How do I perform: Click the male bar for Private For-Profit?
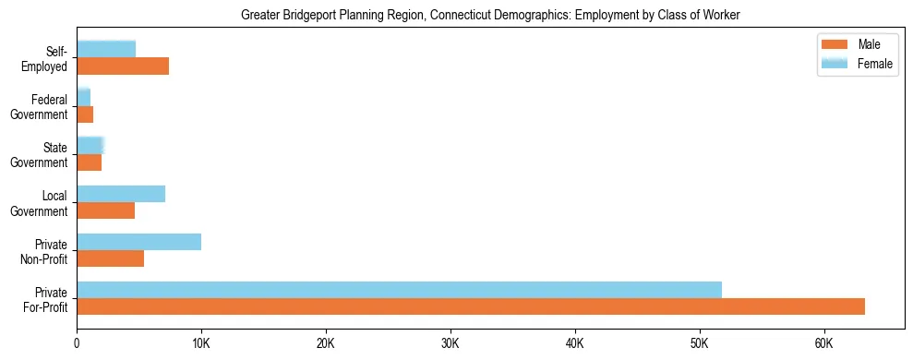pyautogui.click(x=471, y=306)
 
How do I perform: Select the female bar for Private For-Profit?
pyautogui.click(x=399, y=289)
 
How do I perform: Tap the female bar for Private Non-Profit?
pyautogui.click(x=138, y=242)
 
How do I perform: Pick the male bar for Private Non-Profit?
pyautogui.click(x=110, y=258)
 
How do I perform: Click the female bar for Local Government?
pyautogui.click(x=121, y=194)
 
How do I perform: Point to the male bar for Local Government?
pyautogui.click(x=105, y=210)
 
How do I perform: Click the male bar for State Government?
pyautogui.click(x=89, y=162)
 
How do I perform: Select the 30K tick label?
pyautogui.click(x=450, y=343)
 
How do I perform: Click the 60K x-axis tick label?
pyautogui.click(x=823, y=343)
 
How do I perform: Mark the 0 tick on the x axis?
pyautogui.click(x=77, y=343)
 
